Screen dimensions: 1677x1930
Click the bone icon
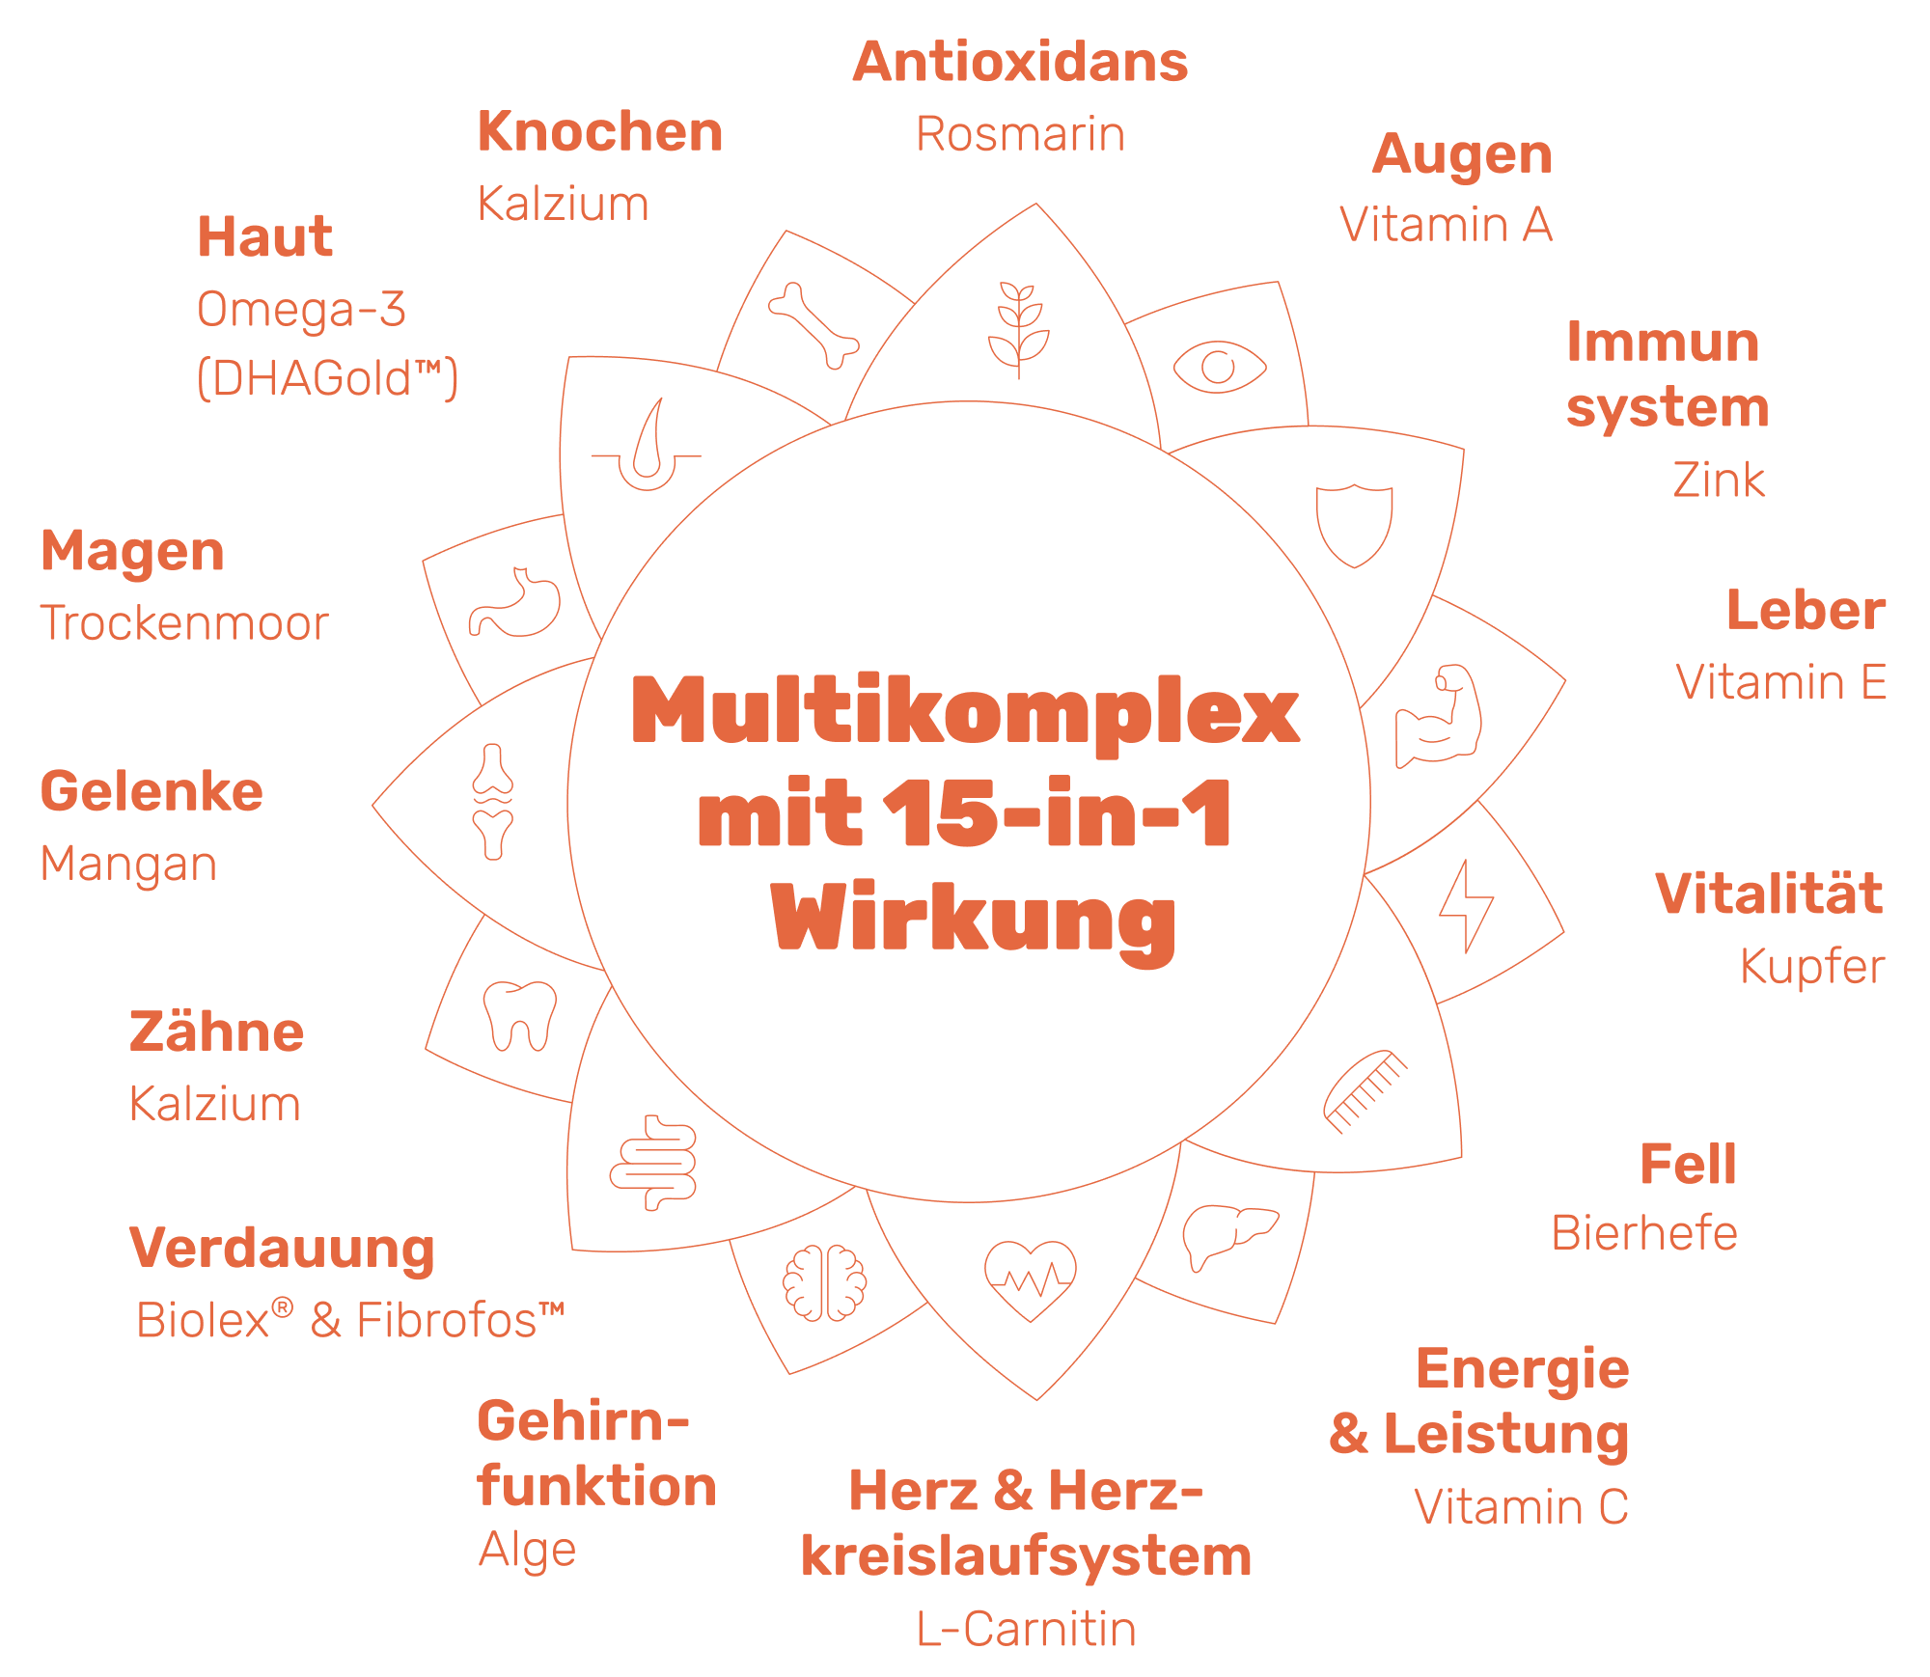813,325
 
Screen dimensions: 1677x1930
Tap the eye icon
1219,367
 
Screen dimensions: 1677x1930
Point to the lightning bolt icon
1466,906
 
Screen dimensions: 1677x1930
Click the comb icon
1365,1091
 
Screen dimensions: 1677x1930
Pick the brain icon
824,1282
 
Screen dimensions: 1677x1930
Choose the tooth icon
520,1016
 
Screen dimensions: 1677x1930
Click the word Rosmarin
1020,134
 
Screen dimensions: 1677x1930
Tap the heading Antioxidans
1020,63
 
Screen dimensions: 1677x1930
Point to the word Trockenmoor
184,623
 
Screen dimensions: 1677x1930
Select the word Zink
1719,481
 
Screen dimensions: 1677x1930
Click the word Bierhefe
1644,1233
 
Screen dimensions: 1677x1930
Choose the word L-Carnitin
1026,1630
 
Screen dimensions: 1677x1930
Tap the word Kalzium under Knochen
564,205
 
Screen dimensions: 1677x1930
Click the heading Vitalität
1769,893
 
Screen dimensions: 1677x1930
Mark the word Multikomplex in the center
965,712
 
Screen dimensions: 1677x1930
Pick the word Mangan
128,864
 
